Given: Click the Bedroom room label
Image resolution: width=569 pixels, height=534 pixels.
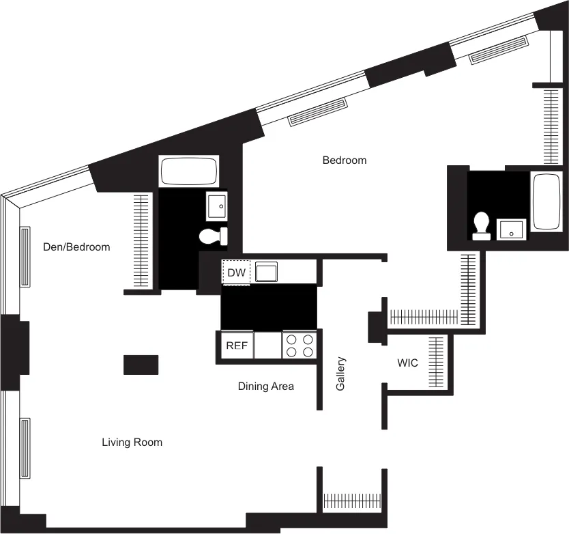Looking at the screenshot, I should click(x=344, y=160).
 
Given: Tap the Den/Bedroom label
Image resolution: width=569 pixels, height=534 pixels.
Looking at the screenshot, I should click(x=76, y=247).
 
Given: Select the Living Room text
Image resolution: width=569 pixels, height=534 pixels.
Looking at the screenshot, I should click(x=132, y=442).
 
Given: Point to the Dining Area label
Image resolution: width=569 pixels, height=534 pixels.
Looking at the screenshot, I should click(x=265, y=387).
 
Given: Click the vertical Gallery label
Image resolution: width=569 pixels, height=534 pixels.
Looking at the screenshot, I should click(x=340, y=374).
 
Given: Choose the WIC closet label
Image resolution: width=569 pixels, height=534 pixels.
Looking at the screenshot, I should click(x=407, y=363).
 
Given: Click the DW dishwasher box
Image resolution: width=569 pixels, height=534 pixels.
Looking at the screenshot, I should click(x=236, y=273).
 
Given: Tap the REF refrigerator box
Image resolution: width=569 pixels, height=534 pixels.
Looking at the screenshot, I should click(x=236, y=346).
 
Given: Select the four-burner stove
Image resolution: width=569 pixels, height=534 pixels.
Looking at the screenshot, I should click(x=300, y=346).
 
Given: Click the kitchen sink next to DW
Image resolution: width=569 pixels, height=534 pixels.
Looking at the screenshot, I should click(x=266, y=273).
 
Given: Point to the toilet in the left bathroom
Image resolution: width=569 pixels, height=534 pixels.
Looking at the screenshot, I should click(x=212, y=237).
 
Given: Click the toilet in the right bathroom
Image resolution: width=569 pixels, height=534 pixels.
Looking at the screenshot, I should click(x=482, y=226).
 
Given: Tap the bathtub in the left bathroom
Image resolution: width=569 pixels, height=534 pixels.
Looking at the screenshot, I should click(x=189, y=171).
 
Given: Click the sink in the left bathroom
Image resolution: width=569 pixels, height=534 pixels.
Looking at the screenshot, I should click(x=217, y=205).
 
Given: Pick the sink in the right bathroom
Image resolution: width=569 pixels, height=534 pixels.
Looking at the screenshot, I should click(x=512, y=230).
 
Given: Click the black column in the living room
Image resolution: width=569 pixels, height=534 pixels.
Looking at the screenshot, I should click(x=141, y=365).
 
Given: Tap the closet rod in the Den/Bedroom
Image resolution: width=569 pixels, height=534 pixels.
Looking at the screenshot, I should click(x=141, y=240).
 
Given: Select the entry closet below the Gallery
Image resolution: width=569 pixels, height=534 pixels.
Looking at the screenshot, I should click(x=352, y=501).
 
